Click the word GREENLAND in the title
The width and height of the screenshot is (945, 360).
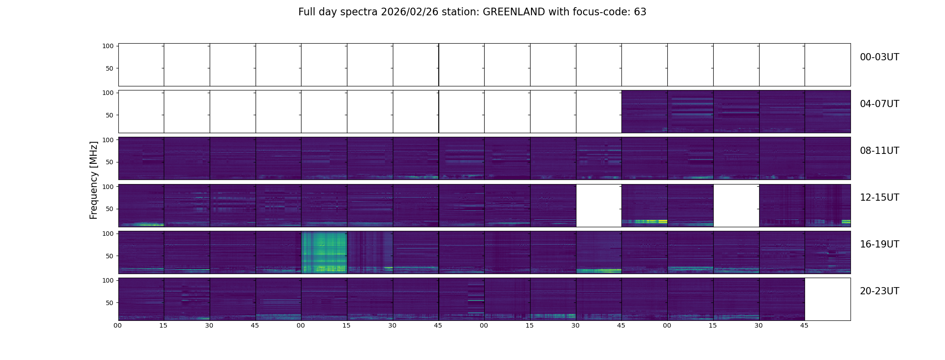click(513, 12)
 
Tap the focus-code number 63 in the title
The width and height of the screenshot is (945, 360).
click(640, 12)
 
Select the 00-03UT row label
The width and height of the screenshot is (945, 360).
click(879, 57)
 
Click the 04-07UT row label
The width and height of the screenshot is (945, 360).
click(879, 104)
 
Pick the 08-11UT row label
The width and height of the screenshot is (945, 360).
click(879, 151)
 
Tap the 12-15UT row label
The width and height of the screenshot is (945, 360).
click(879, 198)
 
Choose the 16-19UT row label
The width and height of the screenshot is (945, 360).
click(879, 244)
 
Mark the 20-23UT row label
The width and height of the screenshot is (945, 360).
click(879, 291)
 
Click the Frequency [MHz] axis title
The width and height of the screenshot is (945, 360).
click(94, 180)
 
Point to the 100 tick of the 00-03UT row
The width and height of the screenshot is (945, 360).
click(108, 46)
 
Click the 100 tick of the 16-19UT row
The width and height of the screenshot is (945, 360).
click(108, 234)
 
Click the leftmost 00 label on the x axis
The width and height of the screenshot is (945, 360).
click(117, 325)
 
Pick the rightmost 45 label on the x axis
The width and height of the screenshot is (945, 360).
click(804, 325)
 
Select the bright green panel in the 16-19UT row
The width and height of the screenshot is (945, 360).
click(324, 252)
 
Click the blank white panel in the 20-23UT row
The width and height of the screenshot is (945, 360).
click(827, 299)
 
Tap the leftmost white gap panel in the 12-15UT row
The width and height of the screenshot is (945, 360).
click(598, 205)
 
